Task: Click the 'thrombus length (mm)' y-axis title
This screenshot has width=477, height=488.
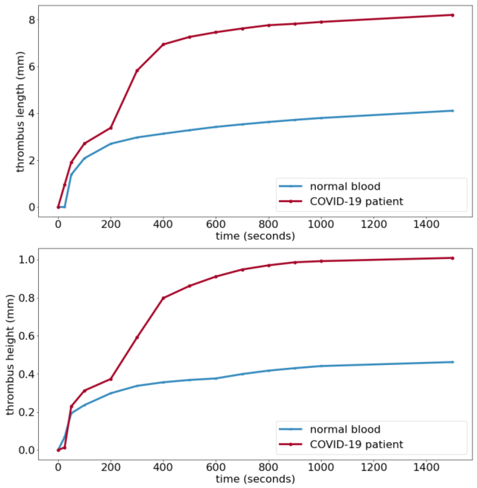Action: pyautogui.click(x=20, y=112)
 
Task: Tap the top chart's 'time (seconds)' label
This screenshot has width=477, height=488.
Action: pyautogui.click(x=255, y=236)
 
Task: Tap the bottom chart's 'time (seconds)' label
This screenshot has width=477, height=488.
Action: pyautogui.click(x=255, y=479)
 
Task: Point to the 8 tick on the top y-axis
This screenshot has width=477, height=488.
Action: pyautogui.click(x=32, y=20)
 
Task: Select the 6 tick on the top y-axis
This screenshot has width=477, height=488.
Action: pyautogui.click(x=32, y=67)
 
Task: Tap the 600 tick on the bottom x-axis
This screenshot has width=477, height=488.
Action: pyautogui.click(x=216, y=467)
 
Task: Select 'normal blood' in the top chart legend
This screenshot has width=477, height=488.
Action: pyautogui.click(x=345, y=186)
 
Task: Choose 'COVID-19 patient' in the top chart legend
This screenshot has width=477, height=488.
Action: pyautogui.click(x=356, y=201)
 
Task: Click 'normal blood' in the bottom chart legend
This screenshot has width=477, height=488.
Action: pyautogui.click(x=345, y=429)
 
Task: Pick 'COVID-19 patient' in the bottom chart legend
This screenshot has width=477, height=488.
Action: pyautogui.click(x=356, y=444)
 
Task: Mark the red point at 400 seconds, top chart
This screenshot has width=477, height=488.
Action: pyautogui.click(x=163, y=44)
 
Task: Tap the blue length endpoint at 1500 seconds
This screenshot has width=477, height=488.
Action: pyautogui.click(x=452, y=111)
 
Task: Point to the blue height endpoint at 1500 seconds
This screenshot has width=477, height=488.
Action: pyautogui.click(x=452, y=362)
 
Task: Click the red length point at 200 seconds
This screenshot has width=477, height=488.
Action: pyautogui.click(x=111, y=128)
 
